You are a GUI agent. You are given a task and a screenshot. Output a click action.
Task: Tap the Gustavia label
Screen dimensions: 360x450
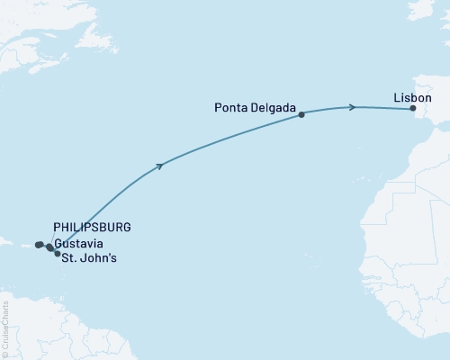click(77, 244)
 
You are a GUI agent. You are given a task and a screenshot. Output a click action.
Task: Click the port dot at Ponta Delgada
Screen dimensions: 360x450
click(301, 114)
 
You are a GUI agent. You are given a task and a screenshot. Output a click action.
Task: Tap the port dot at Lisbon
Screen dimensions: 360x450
click(413, 109)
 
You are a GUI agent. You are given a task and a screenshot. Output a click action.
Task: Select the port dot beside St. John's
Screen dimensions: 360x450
click(58, 255)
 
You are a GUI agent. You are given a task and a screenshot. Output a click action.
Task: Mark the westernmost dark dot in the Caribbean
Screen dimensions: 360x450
click(38, 245)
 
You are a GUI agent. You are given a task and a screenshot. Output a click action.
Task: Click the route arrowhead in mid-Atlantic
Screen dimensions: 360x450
click(160, 165)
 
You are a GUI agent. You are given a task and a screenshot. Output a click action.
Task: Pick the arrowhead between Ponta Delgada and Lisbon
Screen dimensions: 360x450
click(353, 107)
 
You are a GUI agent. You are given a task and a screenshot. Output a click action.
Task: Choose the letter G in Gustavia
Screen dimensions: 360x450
click(58, 244)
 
